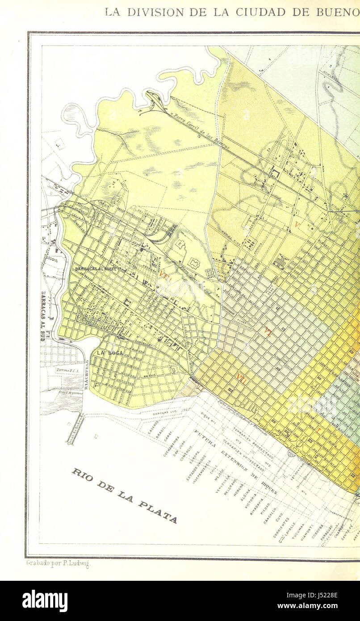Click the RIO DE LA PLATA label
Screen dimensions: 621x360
point(124,495)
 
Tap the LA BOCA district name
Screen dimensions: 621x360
point(108,352)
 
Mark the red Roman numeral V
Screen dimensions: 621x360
point(297,224)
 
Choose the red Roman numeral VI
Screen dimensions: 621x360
point(268,332)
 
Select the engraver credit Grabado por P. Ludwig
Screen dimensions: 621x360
point(58,564)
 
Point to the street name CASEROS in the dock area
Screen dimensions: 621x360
point(153,428)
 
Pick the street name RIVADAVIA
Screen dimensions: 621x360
point(255,507)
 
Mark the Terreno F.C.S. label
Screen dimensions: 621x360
point(67,370)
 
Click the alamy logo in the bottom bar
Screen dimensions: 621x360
point(45,601)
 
